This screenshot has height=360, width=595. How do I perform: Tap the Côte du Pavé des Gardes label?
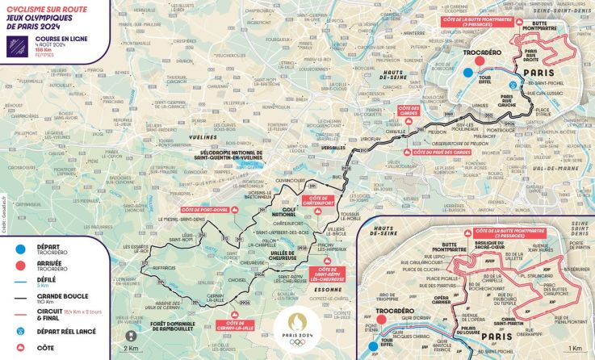coord(441,152)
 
